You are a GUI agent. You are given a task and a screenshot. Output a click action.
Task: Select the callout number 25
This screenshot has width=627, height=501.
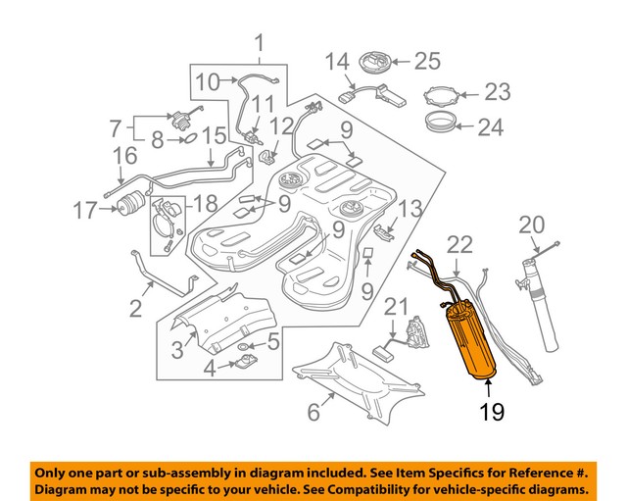(427, 62)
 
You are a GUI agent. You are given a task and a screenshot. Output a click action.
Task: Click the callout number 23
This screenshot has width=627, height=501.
(497, 93)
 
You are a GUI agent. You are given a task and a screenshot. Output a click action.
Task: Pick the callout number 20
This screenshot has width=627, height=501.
(530, 225)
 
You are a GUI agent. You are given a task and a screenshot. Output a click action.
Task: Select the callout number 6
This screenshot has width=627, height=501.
(313, 413)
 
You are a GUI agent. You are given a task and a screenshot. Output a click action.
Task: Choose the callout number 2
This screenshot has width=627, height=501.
(136, 310)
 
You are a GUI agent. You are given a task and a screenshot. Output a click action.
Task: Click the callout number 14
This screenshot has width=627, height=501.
(336, 62)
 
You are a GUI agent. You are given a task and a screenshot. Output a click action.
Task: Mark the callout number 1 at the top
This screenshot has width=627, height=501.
(260, 43)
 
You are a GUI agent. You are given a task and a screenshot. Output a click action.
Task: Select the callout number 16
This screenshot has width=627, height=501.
(123, 155)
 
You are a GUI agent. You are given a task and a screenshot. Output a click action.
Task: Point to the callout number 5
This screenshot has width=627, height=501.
(273, 341)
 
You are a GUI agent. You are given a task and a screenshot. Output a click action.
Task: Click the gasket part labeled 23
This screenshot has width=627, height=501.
(441, 95)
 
